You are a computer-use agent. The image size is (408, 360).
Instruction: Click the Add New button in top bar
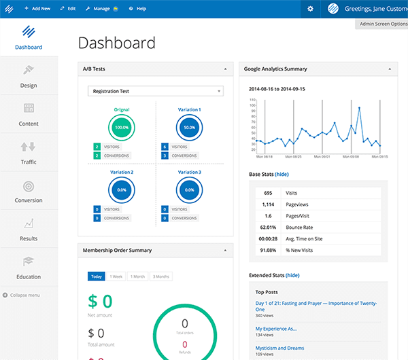click(37, 8)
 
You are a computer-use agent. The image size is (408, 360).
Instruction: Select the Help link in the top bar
click(137, 8)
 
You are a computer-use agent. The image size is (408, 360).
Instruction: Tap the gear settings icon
click(310, 8)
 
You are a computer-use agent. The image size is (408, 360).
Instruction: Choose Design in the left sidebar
click(29, 76)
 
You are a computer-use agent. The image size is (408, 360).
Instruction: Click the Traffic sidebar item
click(29, 152)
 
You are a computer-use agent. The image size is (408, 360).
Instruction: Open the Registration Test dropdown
click(156, 90)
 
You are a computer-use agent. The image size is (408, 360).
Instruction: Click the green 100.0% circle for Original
click(122, 128)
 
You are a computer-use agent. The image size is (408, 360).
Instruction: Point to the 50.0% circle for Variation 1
click(190, 128)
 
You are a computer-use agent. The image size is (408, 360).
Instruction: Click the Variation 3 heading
click(190, 172)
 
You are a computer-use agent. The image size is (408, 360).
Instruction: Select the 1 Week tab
click(116, 276)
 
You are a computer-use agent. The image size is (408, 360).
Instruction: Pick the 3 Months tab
click(161, 276)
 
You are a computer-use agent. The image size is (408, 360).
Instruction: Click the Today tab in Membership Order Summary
click(96, 276)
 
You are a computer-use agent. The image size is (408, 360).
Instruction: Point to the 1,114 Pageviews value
click(268, 204)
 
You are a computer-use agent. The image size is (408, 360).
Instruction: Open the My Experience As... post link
click(276, 328)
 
